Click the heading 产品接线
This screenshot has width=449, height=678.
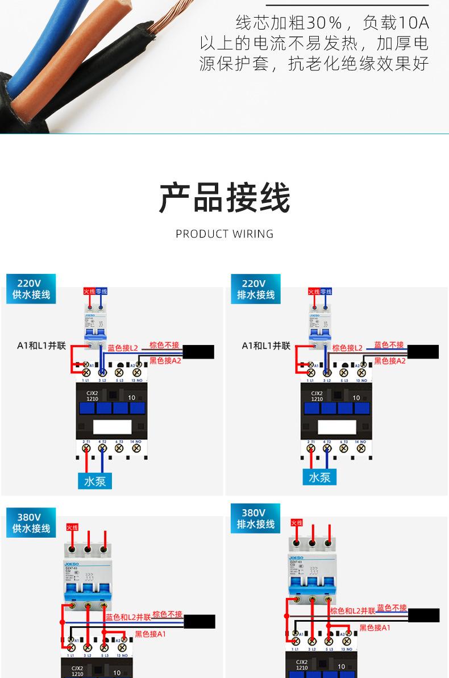[224, 197]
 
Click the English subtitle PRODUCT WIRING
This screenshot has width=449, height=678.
[224, 234]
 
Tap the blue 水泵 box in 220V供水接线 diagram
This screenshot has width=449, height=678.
[95, 481]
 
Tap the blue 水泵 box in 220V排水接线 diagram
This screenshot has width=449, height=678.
[319, 477]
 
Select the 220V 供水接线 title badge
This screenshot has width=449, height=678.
[31, 289]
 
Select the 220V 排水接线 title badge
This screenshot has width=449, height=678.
[256, 289]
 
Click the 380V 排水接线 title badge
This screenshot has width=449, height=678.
[256, 518]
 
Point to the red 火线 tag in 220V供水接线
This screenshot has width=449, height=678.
[89, 291]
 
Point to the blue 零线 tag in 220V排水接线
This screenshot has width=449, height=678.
[326, 291]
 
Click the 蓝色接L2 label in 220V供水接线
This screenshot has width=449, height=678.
[123, 348]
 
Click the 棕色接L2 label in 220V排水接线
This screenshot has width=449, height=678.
[347, 348]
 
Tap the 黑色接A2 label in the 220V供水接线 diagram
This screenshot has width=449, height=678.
[165, 360]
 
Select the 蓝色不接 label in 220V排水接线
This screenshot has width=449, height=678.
[389, 345]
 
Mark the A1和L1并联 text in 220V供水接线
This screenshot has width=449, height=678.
[42, 346]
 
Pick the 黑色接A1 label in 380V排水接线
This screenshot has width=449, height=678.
[375, 628]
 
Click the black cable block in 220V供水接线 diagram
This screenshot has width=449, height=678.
[198, 352]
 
